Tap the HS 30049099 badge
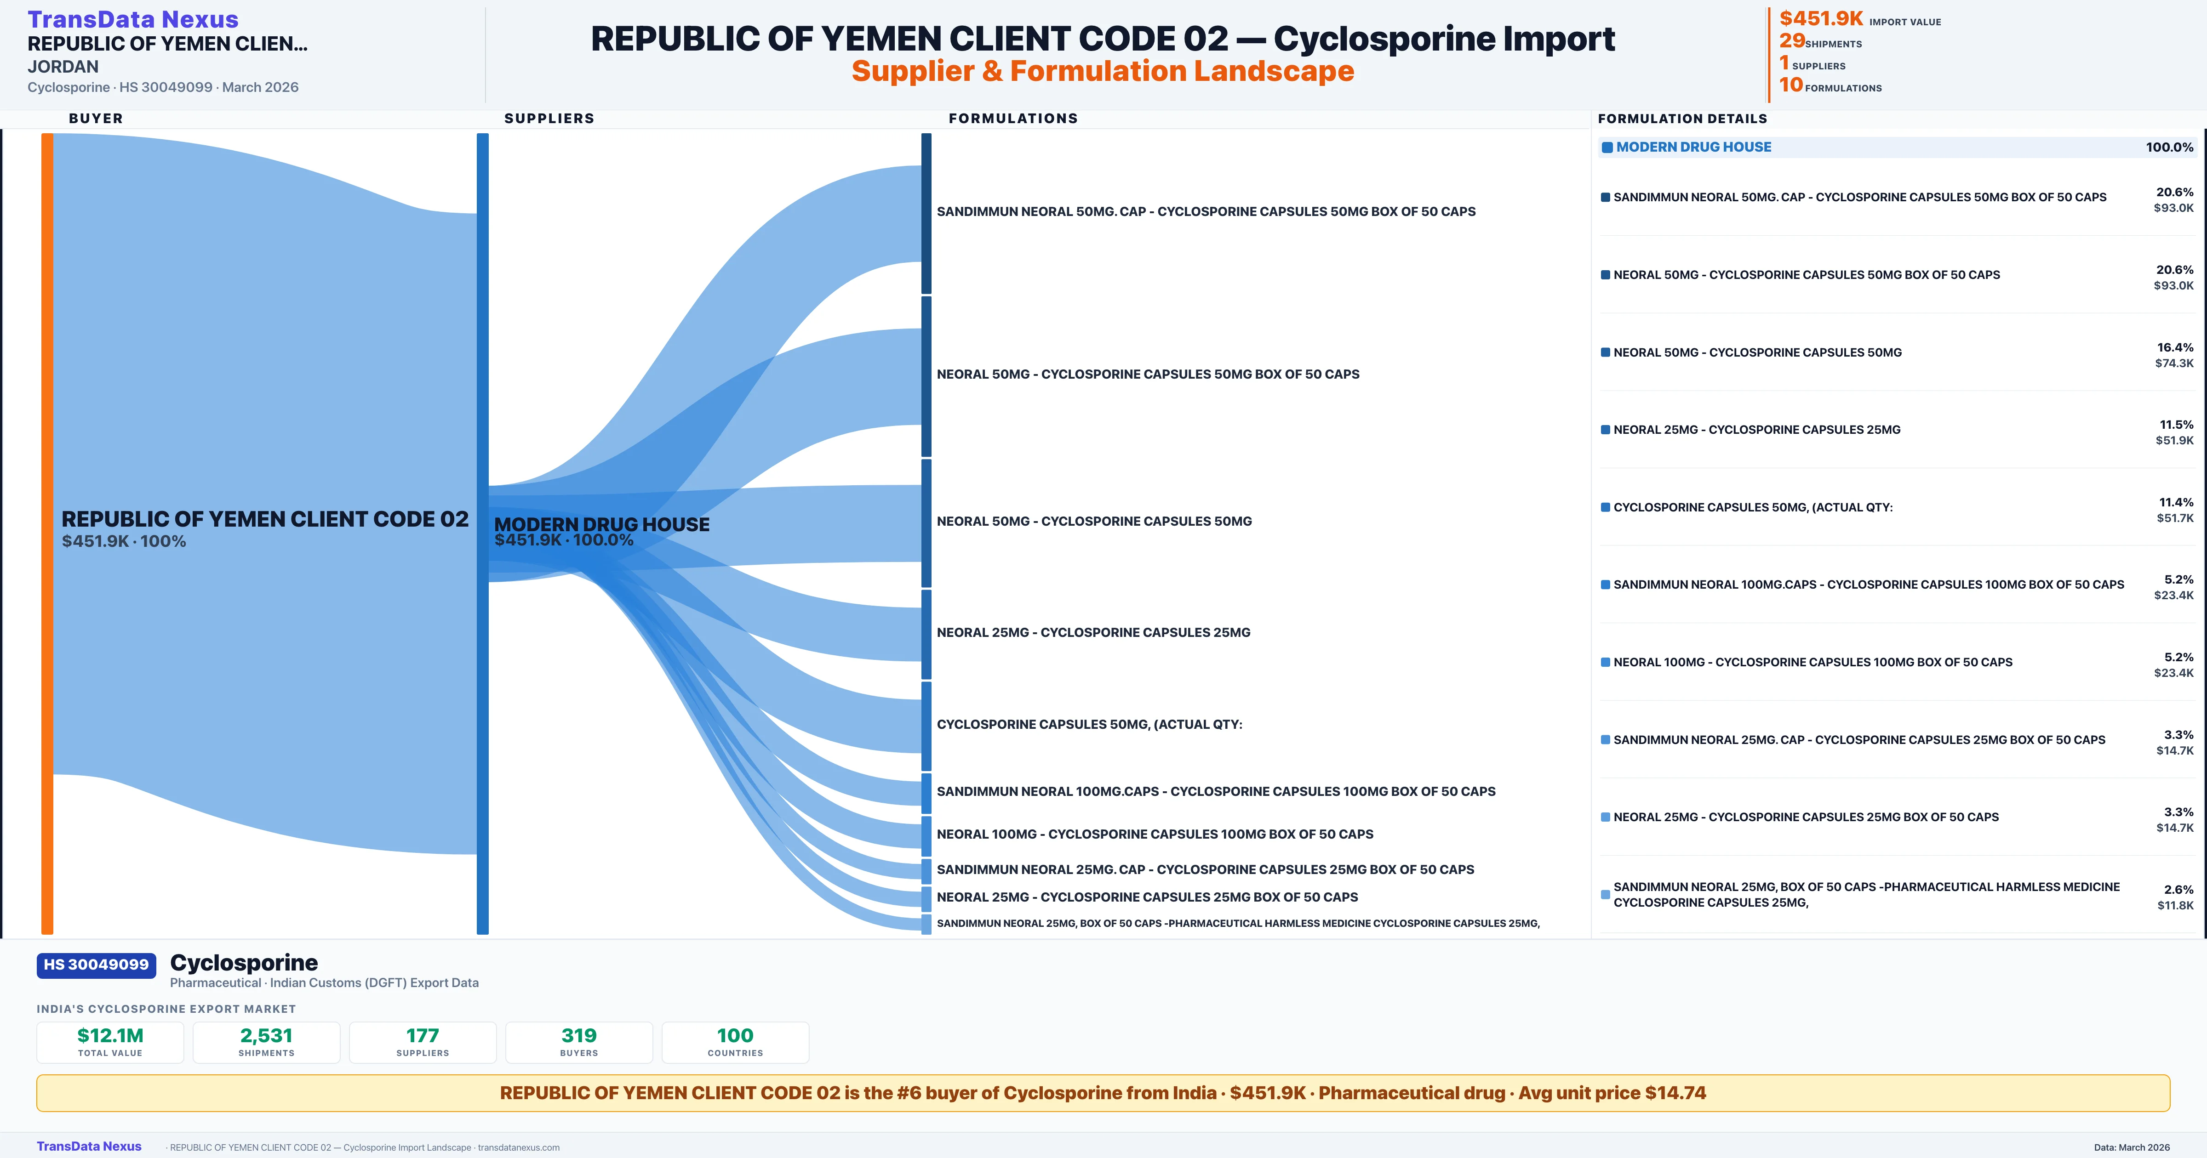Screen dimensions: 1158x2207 [x=96, y=965]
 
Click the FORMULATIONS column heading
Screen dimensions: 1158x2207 [x=1012, y=118]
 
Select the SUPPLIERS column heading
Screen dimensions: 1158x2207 [x=549, y=118]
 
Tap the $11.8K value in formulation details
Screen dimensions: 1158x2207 [x=2175, y=905]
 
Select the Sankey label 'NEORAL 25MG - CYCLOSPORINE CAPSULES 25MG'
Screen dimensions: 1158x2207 [x=1093, y=633]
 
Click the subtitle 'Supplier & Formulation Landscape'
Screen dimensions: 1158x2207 [x=1103, y=71]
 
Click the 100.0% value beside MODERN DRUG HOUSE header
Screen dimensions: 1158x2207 [x=2169, y=148]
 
